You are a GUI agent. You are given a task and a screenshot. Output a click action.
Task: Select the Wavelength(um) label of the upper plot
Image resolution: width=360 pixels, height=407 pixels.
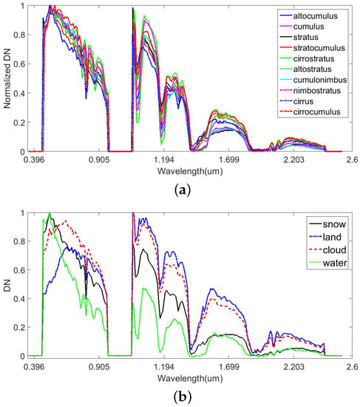click(191, 169)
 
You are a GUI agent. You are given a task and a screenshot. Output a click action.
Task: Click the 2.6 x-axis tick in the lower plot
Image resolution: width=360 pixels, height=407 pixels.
click(352, 366)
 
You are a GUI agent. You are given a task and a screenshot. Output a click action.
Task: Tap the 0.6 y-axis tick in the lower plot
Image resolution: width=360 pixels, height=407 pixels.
click(18, 272)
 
